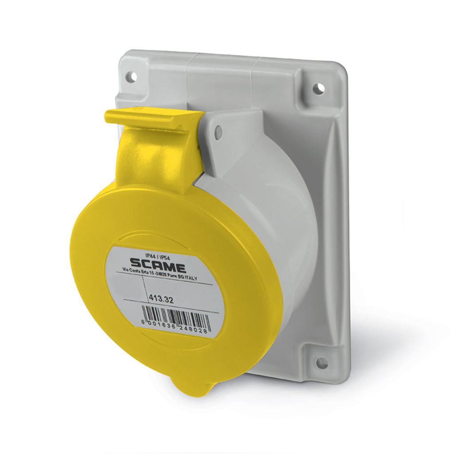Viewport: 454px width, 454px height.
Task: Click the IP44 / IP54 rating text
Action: click(159, 256)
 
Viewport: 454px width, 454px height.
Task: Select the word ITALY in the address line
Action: click(201, 278)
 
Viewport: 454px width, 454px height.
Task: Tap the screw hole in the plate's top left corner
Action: click(131, 77)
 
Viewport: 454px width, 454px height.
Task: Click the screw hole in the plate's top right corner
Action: click(318, 89)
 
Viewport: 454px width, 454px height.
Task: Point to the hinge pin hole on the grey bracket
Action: click(219, 131)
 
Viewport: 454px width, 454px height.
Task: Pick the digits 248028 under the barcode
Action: click(195, 330)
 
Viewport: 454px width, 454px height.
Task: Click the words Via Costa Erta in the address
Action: click(133, 270)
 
